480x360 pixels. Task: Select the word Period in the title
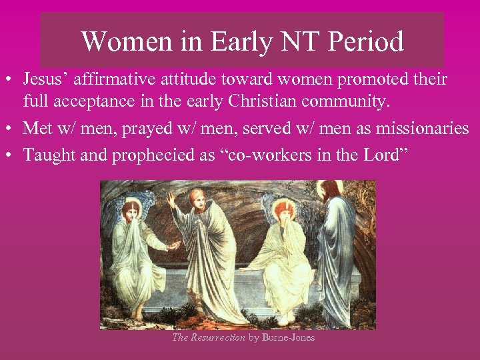tap(366, 42)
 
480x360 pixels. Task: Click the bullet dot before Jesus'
tap(11, 81)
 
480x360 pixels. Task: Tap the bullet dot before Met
tap(11, 129)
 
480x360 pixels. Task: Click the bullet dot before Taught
tap(11, 155)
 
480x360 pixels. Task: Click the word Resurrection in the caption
tap(218, 337)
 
